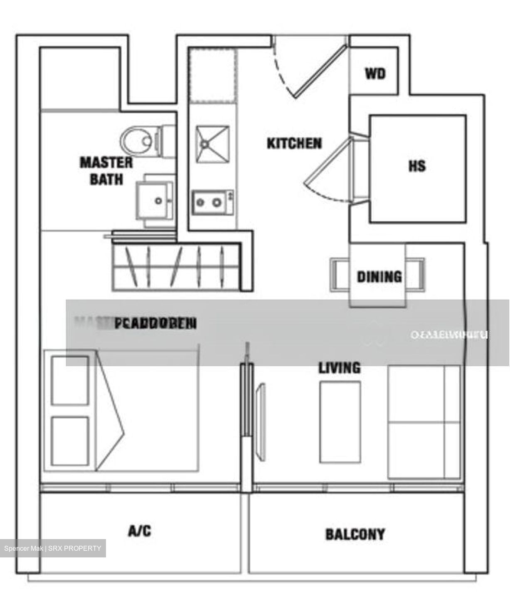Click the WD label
tap(375, 74)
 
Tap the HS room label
tap(417, 166)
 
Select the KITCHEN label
tap(294, 144)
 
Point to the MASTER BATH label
tap(106, 171)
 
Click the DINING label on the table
tap(379, 277)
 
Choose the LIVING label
tap(340, 368)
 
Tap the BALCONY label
tap(355, 534)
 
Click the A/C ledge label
tap(140, 531)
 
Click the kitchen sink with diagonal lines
tap(212, 144)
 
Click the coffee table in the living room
tap(340, 422)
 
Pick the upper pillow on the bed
tap(70, 380)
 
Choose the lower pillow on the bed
tap(70, 441)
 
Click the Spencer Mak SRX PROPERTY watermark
tap(53, 548)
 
